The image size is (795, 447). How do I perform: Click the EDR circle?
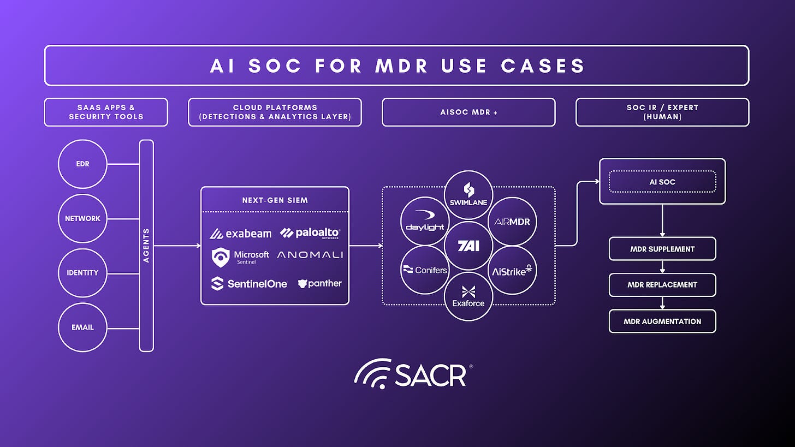click(x=82, y=164)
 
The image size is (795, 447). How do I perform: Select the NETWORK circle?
click(x=82, y=218)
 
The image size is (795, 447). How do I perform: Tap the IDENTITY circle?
click(x=82, y=272)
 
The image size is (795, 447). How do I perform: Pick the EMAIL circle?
click(x=82, y=327)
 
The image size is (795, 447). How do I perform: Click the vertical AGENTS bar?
click(x=146, y=246)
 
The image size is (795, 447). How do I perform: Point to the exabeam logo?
click(x=241, y=234)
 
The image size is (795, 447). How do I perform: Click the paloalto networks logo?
click(x=310, y=233)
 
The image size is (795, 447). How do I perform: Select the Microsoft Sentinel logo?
click(x=241, y=257)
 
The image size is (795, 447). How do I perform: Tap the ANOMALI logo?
click(x=310, y=255)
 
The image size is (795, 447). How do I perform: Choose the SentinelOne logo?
click(x=249, y=283)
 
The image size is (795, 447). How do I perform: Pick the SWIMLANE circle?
click(x=468, y=195)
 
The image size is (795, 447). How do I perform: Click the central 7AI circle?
click(x=468, y=246)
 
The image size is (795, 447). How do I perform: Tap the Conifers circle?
click(x=425, y=270)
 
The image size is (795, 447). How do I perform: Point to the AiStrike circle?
click(x=512, y=270)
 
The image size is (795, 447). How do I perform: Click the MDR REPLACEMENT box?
click(x=662, y=285)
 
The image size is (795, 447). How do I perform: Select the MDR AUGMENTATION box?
click(x=662, y=321)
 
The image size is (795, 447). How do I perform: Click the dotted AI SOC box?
click(x=662, y=182)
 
